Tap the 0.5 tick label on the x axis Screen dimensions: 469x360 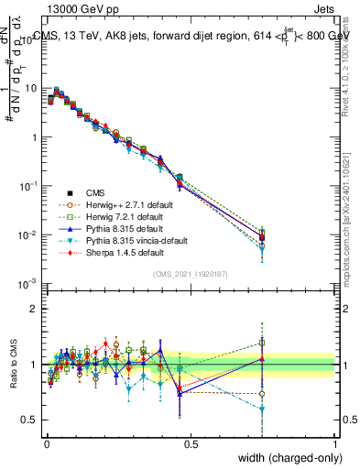click(190, 443)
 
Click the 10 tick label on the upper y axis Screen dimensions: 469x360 click(31, 89)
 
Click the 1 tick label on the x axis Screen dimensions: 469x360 click(335, 443)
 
